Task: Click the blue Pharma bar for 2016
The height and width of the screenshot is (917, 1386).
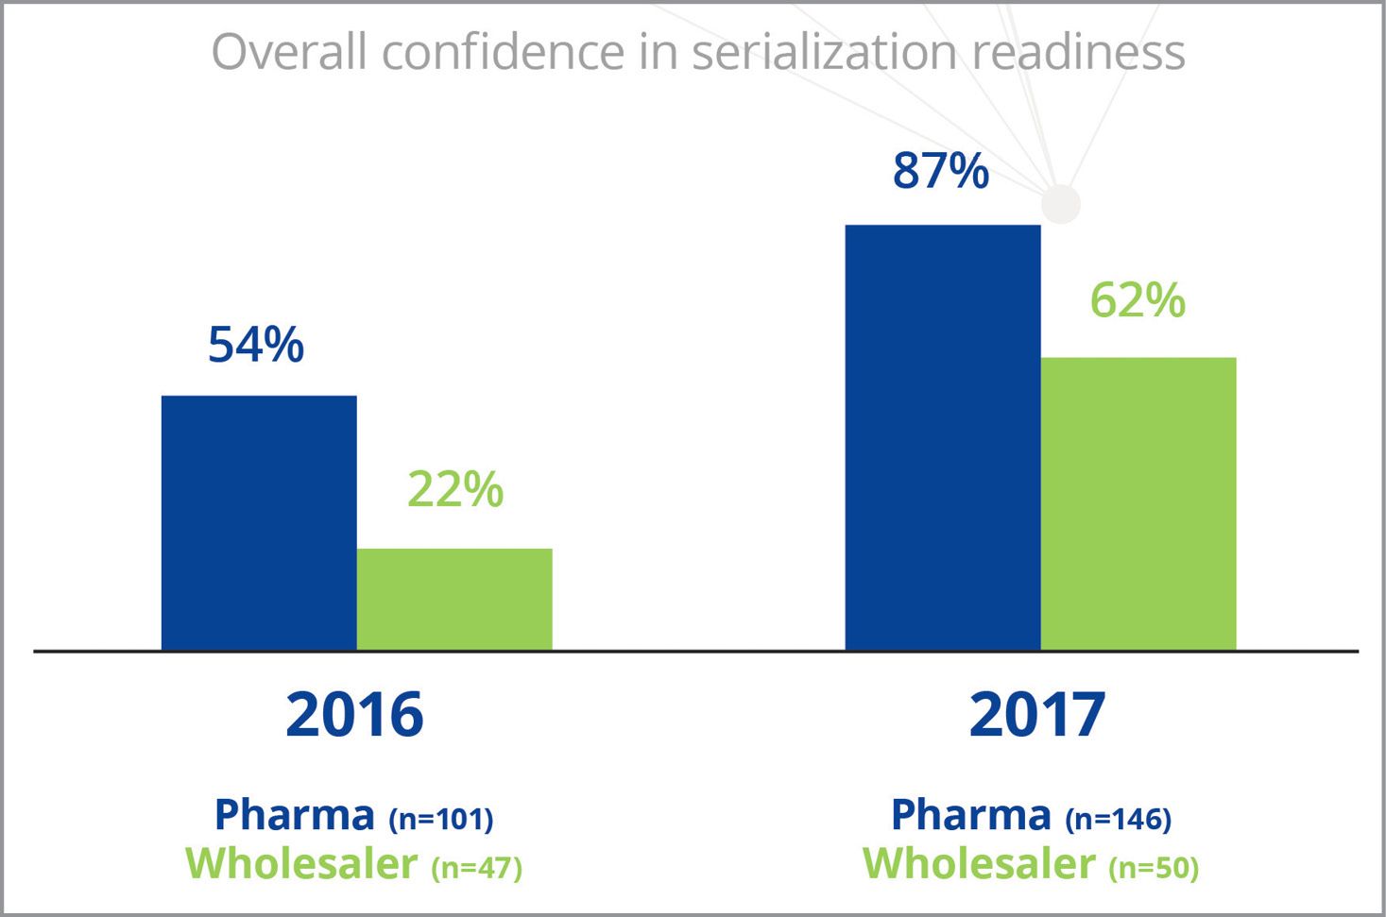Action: coord(259,522)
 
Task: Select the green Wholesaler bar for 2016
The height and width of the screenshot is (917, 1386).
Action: coord(454,599)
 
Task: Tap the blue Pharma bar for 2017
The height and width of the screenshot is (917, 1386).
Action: coord(943,437)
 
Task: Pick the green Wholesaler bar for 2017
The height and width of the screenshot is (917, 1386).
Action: coord(1138,503)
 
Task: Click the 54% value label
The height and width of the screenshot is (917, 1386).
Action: coord(256,345)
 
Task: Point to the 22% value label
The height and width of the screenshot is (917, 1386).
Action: coord(455,489)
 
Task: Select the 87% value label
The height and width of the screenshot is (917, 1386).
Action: coord(941,171)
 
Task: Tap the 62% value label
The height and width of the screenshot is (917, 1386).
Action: coord(1138,300)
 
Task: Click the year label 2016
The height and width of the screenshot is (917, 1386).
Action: coord(354,714)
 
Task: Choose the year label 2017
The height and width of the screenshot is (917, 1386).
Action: coord(1037,714)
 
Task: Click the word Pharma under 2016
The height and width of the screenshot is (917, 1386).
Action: coord(295,814)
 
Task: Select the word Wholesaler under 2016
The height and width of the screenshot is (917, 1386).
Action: coord(301,863)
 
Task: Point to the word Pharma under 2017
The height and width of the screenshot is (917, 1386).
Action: coord(971,814)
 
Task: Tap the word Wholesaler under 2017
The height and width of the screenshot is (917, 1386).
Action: coord(979,863)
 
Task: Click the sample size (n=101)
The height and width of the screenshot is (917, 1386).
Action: coord(441,818)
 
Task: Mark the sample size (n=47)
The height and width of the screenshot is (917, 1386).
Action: coord(476,867)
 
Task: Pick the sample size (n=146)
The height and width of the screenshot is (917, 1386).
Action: coord(1119,818)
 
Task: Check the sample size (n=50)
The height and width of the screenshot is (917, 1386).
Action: coord(1154,867)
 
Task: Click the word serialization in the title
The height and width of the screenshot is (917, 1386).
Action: coord(824,52)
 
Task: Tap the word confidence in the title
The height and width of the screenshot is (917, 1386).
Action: coord(504,52)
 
